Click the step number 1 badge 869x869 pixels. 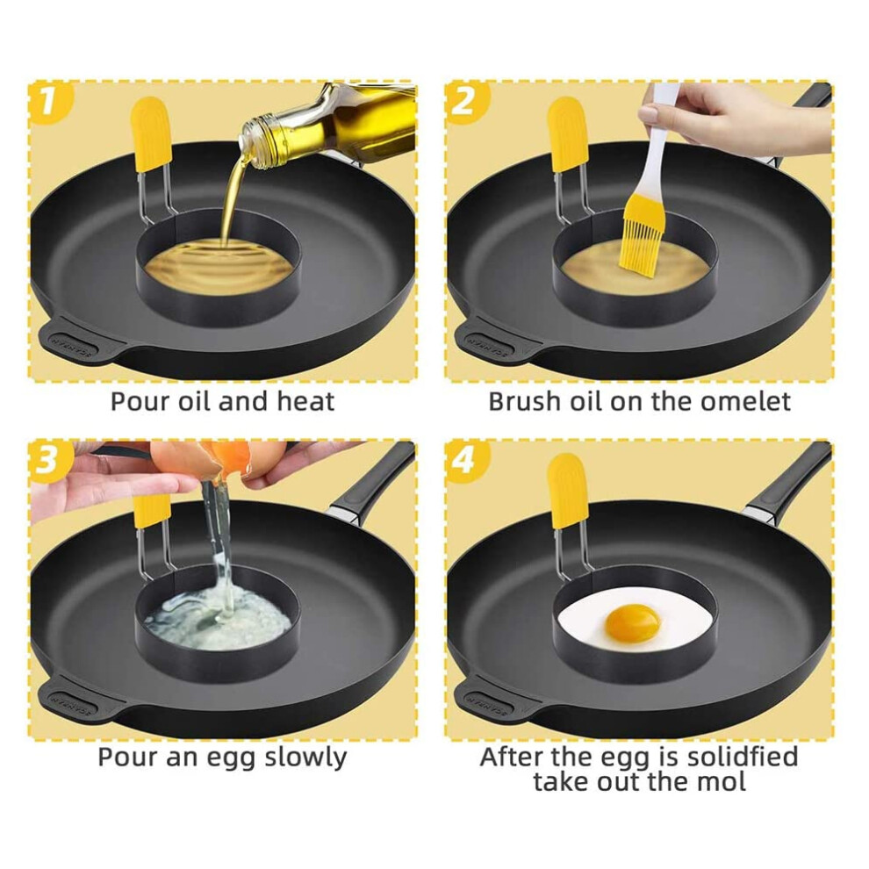[x=49, y=103]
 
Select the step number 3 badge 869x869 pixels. [x=49, y=461]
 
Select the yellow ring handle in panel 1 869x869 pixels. [x=151, y=133]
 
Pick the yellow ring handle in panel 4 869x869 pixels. [x=567, y=490]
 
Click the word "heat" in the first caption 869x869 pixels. [x=305, y=401]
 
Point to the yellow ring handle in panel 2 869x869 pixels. [x=567, y=133]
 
